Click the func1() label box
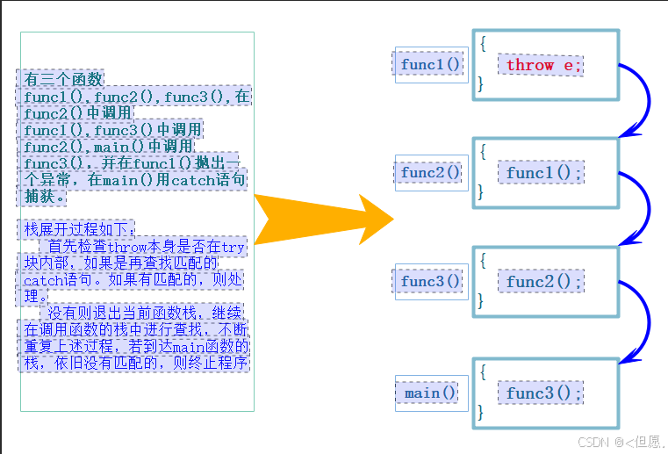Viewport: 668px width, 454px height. coord(431,65)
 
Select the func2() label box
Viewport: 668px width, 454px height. coord(431,173)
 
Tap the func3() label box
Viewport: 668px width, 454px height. coord(431,282)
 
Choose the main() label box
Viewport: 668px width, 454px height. coord(431,393)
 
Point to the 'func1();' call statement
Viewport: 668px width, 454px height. coord(544,173)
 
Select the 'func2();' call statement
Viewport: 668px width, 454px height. coord(544,282)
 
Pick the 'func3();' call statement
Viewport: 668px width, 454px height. coord(544,393)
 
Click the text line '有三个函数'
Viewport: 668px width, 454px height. coord(63,78)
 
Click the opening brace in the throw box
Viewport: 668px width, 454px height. coord(482,41)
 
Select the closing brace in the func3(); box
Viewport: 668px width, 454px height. coord(482,412)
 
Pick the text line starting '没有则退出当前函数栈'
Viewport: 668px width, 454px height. coord(145,313)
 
